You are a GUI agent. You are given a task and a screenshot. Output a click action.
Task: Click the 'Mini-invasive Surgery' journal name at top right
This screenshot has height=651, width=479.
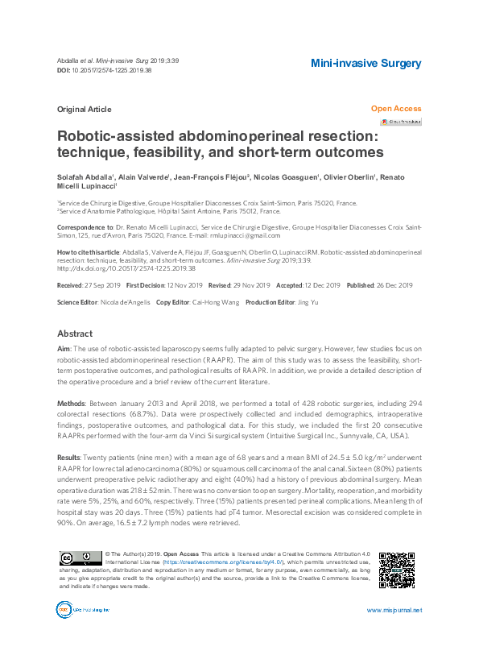tap(365, 63)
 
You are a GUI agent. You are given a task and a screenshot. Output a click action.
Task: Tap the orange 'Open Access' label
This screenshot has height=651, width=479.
tap(395, 109)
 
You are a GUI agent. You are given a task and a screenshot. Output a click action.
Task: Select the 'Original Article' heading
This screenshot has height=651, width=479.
tap(85, 109)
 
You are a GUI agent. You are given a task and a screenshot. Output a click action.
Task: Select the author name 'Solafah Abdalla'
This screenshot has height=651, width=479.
tap(85, 176)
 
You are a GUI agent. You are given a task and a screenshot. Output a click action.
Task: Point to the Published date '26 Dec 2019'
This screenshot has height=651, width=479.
tap(392, 285)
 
